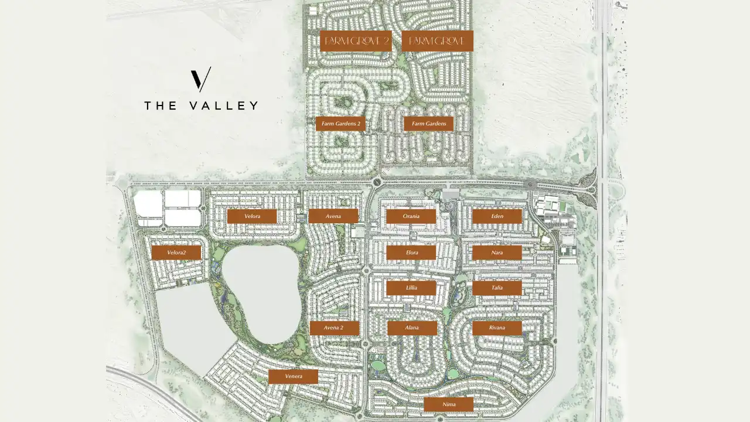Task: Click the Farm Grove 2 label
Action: pyautogui.click(x=356, y=41)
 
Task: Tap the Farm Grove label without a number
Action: pyautogui.click(x=437, y=41)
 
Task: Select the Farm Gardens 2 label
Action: pyautogui.click(x=340, y=124)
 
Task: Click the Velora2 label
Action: pyautogui.click(x=176, y=253)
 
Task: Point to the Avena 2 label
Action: pyautogui.click(x=334, y=328)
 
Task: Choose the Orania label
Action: pyautogui.click(x=411, y=216)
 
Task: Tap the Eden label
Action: pyautogui.click(x=497, y=216)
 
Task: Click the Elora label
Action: pyautogui.click(x=411, y=253)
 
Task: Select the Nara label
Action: pyautogui.click(x=497, y=253)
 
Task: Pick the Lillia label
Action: pyautogui.click(x=411, y=288)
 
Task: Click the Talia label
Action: pyautogui.click(x=497, y=288)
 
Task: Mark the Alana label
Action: pyautogui.click(x=412, y=328)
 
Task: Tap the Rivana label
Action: pyautogui.click(x=497, y=328)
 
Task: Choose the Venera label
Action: pyautogui.click(x=293, y=376)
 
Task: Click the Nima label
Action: pyautogui.click(x=448, y=404)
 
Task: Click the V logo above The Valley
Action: pyautogui.click(x=200, y=80)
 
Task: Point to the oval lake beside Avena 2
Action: pyautogui.click(x=261, y=293)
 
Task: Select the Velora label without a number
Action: pyautogui.click(x=252, y=216)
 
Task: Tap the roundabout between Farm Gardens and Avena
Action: pyautogui.click(x=376, y=182)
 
